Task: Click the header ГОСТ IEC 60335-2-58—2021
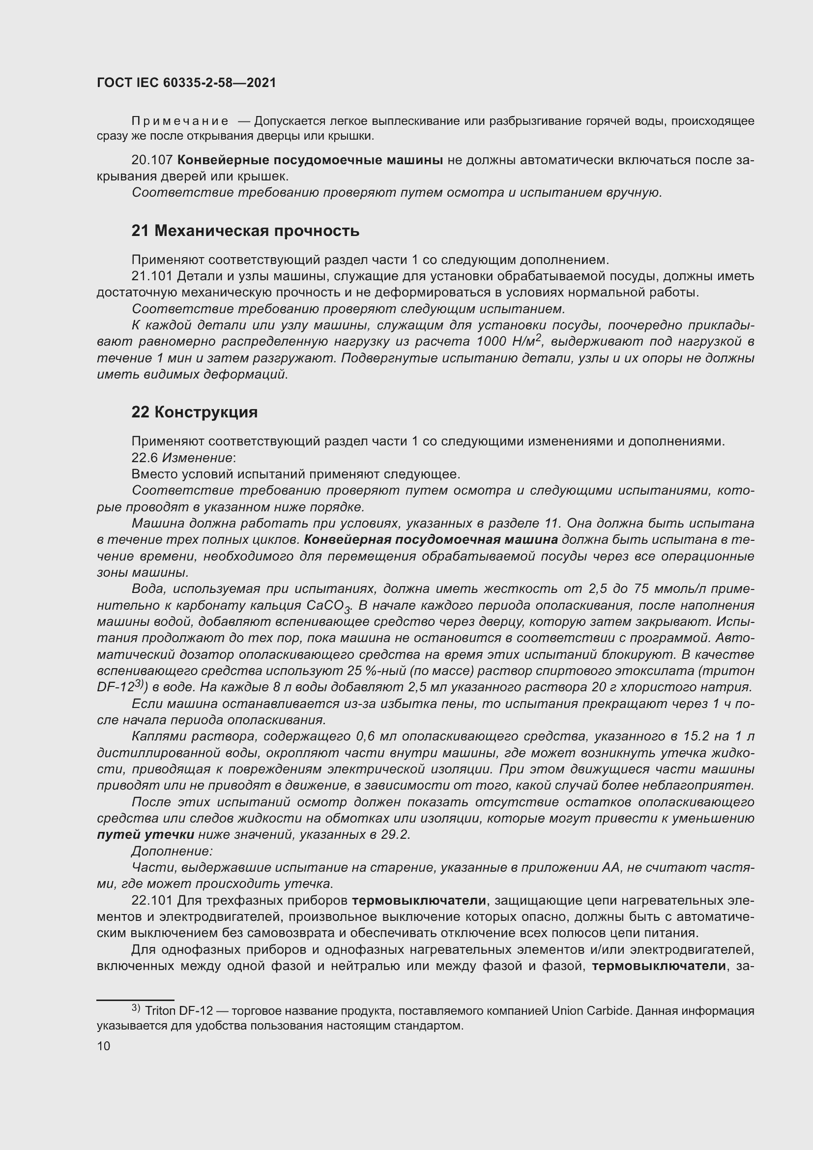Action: [x=186, y=83]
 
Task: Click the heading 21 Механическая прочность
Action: [x=245, y=231]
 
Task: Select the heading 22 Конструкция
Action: [x=194, y=412]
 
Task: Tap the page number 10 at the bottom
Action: [x=104, y=1046]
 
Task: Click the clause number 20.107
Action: [x=152, y=160]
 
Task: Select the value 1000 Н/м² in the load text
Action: [x=508, y=342]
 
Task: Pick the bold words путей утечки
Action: [x=145, y=835]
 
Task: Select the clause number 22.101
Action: [x=152, y=901]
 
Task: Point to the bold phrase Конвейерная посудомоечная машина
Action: [x=431, y=539]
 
